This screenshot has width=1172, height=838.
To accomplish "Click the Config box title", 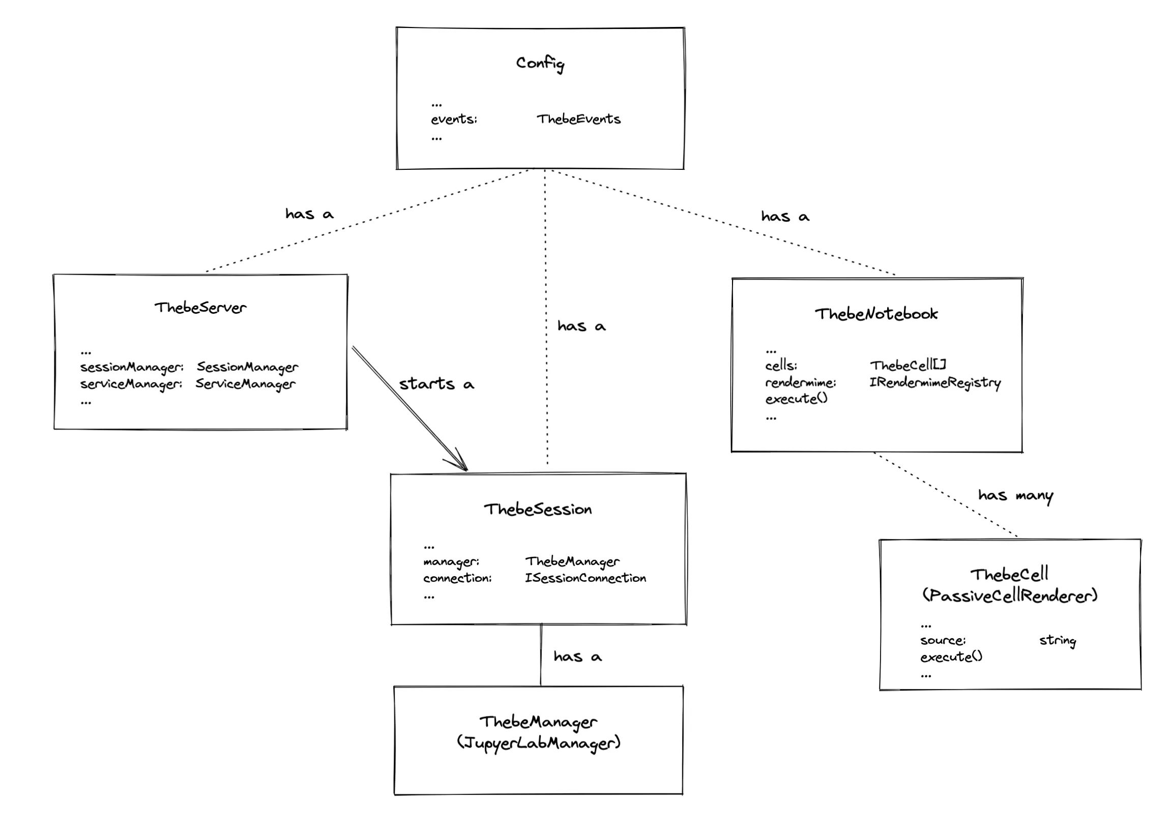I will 540,64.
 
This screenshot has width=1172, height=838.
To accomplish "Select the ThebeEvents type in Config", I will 578,119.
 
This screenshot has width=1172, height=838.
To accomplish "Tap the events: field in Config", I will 454,119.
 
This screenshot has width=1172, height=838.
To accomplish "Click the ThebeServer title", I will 200,308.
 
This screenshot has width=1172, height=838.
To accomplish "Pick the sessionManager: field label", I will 132,367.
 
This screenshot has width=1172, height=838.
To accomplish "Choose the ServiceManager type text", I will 245,384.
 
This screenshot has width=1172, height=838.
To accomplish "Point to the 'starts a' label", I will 436,384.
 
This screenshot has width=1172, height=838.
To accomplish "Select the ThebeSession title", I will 538,510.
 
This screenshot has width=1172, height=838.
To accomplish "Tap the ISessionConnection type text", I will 585,578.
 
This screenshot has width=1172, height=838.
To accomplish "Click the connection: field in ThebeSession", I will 457,578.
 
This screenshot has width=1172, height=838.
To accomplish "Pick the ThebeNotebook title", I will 876,314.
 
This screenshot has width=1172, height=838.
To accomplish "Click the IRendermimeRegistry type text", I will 934,382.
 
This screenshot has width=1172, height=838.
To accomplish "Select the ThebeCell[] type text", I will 908,365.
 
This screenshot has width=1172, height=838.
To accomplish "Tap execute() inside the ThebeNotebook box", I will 796,399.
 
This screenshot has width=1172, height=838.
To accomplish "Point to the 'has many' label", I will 1015,496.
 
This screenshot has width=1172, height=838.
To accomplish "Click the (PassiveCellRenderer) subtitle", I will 1009,596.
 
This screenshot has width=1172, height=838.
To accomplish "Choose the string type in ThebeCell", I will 1058,640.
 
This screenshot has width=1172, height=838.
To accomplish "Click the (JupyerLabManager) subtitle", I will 538,743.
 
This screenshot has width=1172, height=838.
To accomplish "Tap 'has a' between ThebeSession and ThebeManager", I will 577,656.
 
